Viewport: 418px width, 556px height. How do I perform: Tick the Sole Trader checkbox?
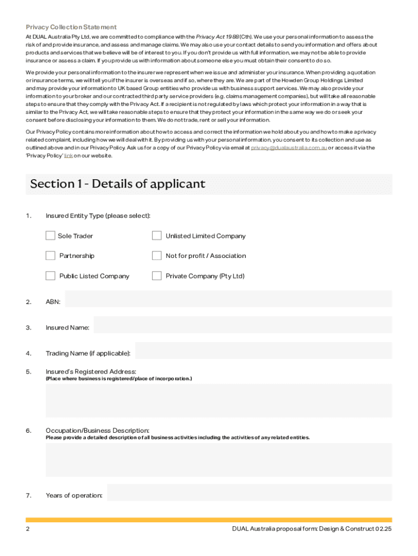pyautogui.click(x=50, y=236)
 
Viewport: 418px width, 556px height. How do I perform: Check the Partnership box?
pyautogui.click(x=50, y=256)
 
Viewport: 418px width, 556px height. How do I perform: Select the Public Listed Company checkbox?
pyautogui.click(x=50, y=276)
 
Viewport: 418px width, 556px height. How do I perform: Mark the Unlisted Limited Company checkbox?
pyautogui.click(x=157, y=236)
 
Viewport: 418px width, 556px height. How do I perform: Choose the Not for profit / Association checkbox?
pyautogui.click(x=157, y=256)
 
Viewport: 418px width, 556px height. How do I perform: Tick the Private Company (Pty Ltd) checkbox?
pyautogui.click(x=157, y=276)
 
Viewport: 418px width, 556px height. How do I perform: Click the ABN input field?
pyautogui.click(x=228, y=299)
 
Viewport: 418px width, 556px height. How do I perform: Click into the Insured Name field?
pyautogui.click(x=243, y=325)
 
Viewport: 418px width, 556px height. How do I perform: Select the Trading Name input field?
pyautogui.click(x=263, y=351)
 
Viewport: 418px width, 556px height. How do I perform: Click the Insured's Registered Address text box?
pyautogui.click(x=218, y=400)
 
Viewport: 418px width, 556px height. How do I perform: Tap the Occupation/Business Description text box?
pyautogui.click(x=218, y=459)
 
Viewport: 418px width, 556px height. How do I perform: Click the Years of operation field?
pyautogui.click(x=249, y=493)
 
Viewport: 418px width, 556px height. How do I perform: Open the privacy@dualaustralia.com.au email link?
pyautogui.click(x=289, y=148)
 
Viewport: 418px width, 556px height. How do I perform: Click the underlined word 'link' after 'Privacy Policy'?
pyautogui.click(x=68, y=156)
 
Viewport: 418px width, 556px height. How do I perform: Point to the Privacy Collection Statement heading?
pyautogui.click(x=71, y=27)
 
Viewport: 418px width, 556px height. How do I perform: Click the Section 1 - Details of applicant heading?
pyautogui.click(x=118, y=184)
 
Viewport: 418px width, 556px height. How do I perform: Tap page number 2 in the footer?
pyautogui.click(x=28, y=528)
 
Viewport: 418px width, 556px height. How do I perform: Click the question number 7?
pyautogui.click(x=28, y=495)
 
